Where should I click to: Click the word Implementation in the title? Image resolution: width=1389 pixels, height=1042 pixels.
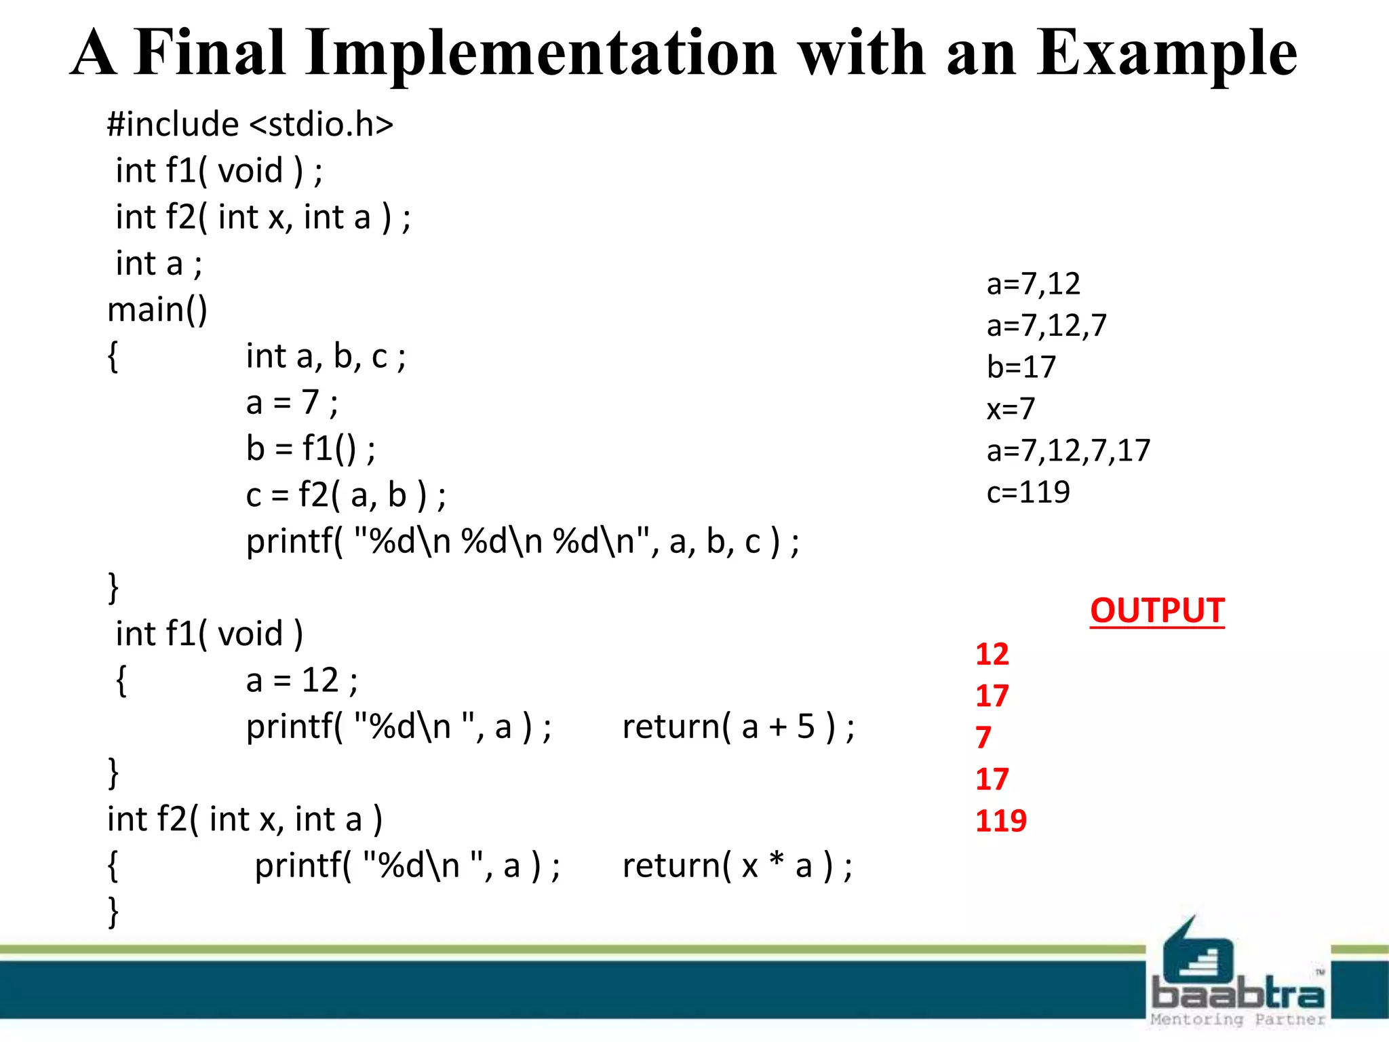point(540,54)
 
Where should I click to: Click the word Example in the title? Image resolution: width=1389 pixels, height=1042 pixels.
point(1166,54)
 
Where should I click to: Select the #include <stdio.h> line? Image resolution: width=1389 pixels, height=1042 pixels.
point(250,125)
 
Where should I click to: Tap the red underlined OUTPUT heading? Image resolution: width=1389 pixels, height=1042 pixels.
point(1157,611)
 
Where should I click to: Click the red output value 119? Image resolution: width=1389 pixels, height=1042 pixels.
point(1000,821)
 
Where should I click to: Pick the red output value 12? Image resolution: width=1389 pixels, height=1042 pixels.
point(992,654)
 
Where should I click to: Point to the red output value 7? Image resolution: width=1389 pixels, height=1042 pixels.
point(983,737)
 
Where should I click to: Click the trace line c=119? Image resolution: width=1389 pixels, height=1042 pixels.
point(1028,492)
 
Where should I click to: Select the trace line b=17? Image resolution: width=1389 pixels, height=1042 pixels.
point(1021,367)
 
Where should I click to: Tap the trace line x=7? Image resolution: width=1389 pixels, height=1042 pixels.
point(1011,409)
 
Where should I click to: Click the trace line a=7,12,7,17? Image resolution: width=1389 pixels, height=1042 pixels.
point(1068,450)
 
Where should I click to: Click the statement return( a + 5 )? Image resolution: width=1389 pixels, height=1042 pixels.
point(738,727)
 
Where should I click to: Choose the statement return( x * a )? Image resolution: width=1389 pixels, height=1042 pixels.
point(737,866)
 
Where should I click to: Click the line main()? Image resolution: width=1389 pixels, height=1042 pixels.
point(157,310)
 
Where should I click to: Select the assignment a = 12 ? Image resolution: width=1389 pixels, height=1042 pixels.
point(301,680)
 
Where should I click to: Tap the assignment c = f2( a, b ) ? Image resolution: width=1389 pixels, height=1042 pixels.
point(345,495)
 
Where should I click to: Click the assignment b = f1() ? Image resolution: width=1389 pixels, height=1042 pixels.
point(310,449)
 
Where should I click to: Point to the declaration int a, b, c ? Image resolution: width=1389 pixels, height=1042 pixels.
point(326,357)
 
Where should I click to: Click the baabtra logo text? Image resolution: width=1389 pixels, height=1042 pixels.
point(1238,995)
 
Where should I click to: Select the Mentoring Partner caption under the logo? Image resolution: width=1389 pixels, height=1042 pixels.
point(1238,1020)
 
